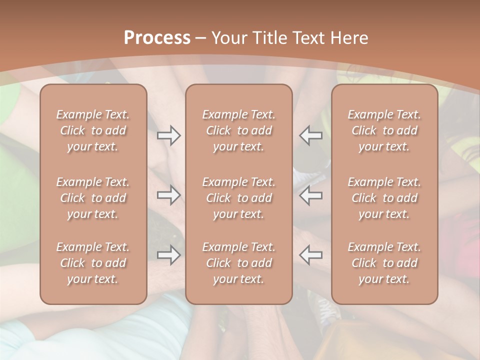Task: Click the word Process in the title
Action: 157,38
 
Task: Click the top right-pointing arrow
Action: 168,135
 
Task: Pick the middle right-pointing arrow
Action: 168,195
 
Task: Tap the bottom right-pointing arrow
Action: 168,255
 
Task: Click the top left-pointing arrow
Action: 310,135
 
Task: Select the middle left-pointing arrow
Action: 310,195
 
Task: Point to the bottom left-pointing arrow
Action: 310,255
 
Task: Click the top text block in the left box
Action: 93,130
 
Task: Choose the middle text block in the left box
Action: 93,198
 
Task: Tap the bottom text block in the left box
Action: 93,263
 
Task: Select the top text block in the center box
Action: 239,130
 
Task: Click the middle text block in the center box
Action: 239,198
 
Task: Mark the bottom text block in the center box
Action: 239,263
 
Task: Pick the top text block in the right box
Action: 384,130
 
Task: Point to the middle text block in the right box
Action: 384,198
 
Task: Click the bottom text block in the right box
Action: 384,263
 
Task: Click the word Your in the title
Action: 228,38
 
